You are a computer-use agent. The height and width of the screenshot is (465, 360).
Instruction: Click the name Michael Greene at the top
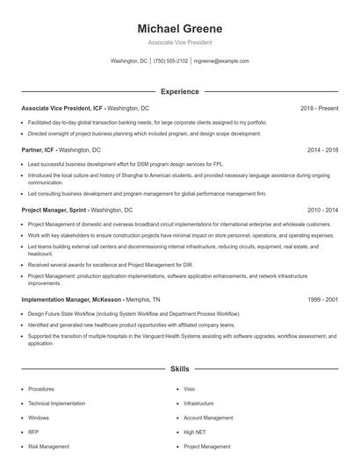point(179,29)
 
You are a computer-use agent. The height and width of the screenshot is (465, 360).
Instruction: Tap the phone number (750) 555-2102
point(170,61)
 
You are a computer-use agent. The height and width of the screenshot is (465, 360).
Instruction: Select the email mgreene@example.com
point(221,61)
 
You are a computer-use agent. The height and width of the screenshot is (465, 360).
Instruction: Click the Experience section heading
point(179,91)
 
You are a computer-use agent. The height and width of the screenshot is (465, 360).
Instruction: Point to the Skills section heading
point(179,370)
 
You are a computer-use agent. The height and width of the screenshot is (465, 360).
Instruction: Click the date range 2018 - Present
point(319,108)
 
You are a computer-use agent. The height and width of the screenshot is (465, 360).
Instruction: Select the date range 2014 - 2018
point(322,150)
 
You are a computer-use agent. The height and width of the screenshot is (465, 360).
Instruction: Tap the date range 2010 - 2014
point(322,211)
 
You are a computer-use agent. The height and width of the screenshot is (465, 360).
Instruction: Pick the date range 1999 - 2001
point(322,299)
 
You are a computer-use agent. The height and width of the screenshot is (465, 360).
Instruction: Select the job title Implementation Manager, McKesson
point(69,299)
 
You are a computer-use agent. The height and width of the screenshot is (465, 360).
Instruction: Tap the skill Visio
point(190,389)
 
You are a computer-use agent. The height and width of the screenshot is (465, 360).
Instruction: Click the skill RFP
point(33,433)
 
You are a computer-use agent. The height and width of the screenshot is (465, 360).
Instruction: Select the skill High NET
point(194,433)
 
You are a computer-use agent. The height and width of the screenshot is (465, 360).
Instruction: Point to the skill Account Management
point(207,418)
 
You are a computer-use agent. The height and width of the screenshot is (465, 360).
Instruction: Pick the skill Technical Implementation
point(55,404)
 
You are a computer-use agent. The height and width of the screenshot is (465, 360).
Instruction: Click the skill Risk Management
point(48,447)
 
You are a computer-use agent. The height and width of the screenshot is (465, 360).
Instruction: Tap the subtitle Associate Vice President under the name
point(179,42)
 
